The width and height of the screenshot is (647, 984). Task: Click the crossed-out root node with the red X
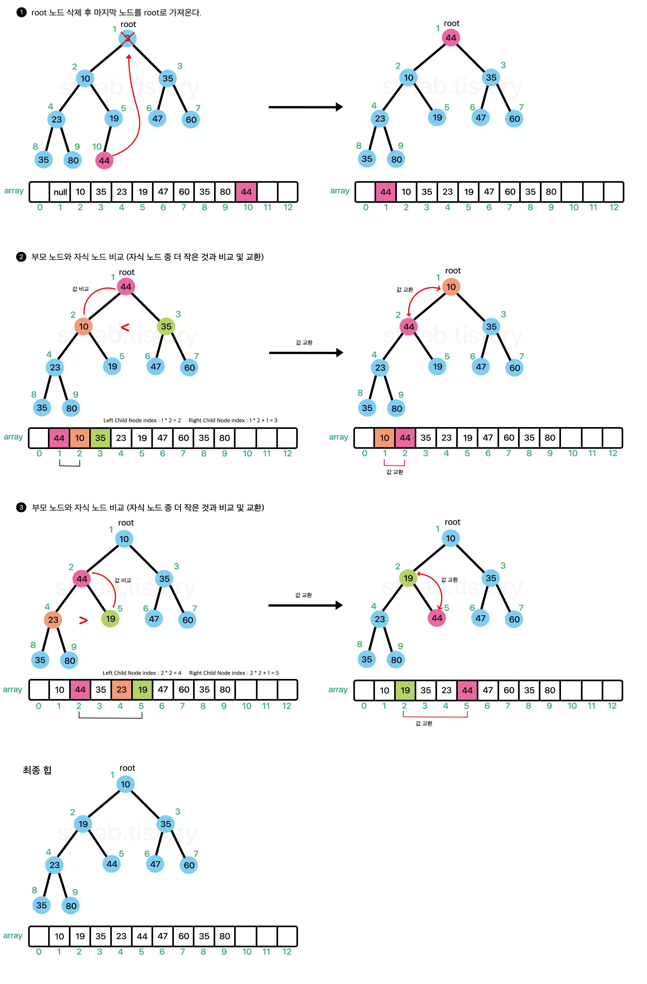click(127, 38)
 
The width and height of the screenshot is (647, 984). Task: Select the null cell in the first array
click(60, 192)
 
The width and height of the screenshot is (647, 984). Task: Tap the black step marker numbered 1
click(21, 12)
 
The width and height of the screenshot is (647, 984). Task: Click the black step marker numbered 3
click(21, 507)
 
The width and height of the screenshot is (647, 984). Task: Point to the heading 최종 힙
click(37, 770)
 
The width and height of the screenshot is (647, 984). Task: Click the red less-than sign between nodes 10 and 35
click(125, 327)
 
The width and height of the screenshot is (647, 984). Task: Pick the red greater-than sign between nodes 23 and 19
click(83, 620)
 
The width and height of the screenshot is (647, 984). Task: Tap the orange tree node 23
click(53, 619)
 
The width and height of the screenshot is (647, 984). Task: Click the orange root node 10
click(451, 287)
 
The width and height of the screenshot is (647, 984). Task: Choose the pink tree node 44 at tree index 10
click(104, 160)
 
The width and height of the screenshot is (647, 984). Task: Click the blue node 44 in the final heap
click(112, 864)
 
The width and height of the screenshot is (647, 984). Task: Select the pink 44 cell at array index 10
click(246, 192)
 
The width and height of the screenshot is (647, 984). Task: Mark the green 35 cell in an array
click(100, 438)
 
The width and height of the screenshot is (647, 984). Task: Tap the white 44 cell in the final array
click(142, 936)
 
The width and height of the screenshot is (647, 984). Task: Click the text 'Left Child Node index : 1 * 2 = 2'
click(142, 420)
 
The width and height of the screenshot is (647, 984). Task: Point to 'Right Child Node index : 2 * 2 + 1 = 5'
click(234, 673)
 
